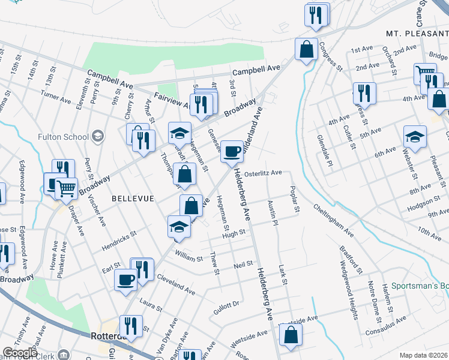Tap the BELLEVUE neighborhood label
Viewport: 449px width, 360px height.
pyautogui.click(x=133, y=198)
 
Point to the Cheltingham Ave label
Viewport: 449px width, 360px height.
pyautogui.click(x=333, y=218)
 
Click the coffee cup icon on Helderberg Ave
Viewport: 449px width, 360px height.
pyautogui.click(x=232, y=151)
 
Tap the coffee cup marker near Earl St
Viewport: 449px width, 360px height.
pyautogui.click(x=126, y=280)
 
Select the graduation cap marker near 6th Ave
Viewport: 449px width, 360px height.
pyautogui.click(x=415, y=137)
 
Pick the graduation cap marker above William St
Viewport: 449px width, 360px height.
pyautogui.click(x=178, y=227)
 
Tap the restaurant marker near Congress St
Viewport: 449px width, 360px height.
pyautogui.click(x=363, y=93)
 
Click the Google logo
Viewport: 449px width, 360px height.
pyautogui.click(x=20, y=353)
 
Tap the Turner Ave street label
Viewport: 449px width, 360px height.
pyautogui.click(x=56, y=95)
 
